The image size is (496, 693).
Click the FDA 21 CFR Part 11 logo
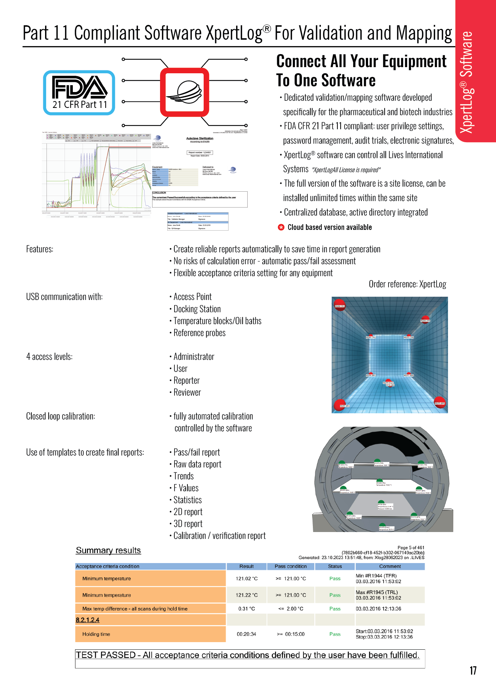[79, 93]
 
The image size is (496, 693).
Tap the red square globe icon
[185, 92]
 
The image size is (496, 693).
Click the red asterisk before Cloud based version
[281, 227]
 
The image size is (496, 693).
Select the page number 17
[473, 671]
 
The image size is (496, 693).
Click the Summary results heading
[108, 550]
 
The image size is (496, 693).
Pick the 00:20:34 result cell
[246, 634]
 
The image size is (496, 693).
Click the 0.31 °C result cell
[246, 609]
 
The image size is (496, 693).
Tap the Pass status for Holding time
[335, 634]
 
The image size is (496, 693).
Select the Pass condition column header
[291, 566]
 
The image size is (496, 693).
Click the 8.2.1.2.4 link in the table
[88, 620]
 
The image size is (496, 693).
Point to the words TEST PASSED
[106, 655]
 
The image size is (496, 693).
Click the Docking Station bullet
[197, 309]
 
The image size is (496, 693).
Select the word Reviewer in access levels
[187, 392]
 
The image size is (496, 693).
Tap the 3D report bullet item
[188, 524]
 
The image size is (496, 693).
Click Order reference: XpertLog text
[407, 284]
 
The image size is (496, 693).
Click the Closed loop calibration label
[61, 416]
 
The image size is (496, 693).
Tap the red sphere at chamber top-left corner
[339, 305]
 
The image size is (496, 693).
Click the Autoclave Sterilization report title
[200, 138]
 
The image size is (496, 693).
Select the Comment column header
[390, 566]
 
